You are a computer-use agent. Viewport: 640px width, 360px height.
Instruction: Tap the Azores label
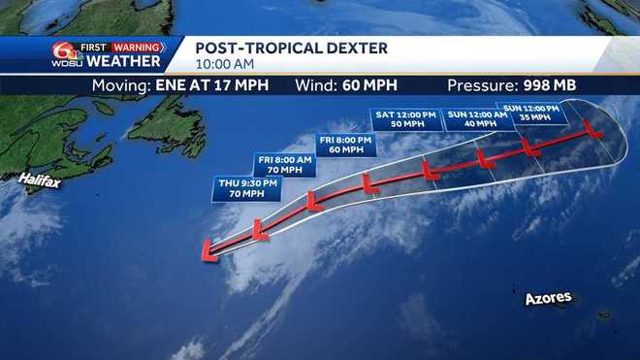click(549, 299)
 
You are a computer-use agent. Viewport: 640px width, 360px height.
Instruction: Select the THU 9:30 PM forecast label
click(240, 187)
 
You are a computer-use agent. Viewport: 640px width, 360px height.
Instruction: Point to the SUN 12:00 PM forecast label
click(531, 112)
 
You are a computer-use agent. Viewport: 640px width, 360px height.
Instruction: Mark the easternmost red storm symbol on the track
click(592, 128)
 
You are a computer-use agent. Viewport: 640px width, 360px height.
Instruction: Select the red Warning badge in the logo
click(137, 47)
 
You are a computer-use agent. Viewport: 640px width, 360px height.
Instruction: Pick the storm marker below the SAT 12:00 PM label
click(430, 170)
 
